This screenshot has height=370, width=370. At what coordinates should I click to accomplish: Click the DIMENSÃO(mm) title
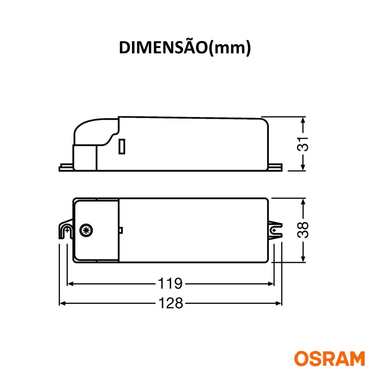click(x=185, y=48)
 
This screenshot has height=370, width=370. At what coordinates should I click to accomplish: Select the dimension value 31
click(x=303, y=144)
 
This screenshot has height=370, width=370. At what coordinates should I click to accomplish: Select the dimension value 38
click(x=303, y=230)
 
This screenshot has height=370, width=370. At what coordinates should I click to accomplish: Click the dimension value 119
click(x=170, y=283)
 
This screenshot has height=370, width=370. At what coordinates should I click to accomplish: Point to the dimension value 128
click(x=170, y=303)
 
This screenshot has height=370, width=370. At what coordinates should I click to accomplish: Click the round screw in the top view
click(x=85, y=230)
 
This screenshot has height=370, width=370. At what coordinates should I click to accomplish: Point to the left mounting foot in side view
click(x=66, y=168)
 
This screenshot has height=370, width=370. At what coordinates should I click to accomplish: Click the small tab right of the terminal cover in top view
click(x=121, y=230)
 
